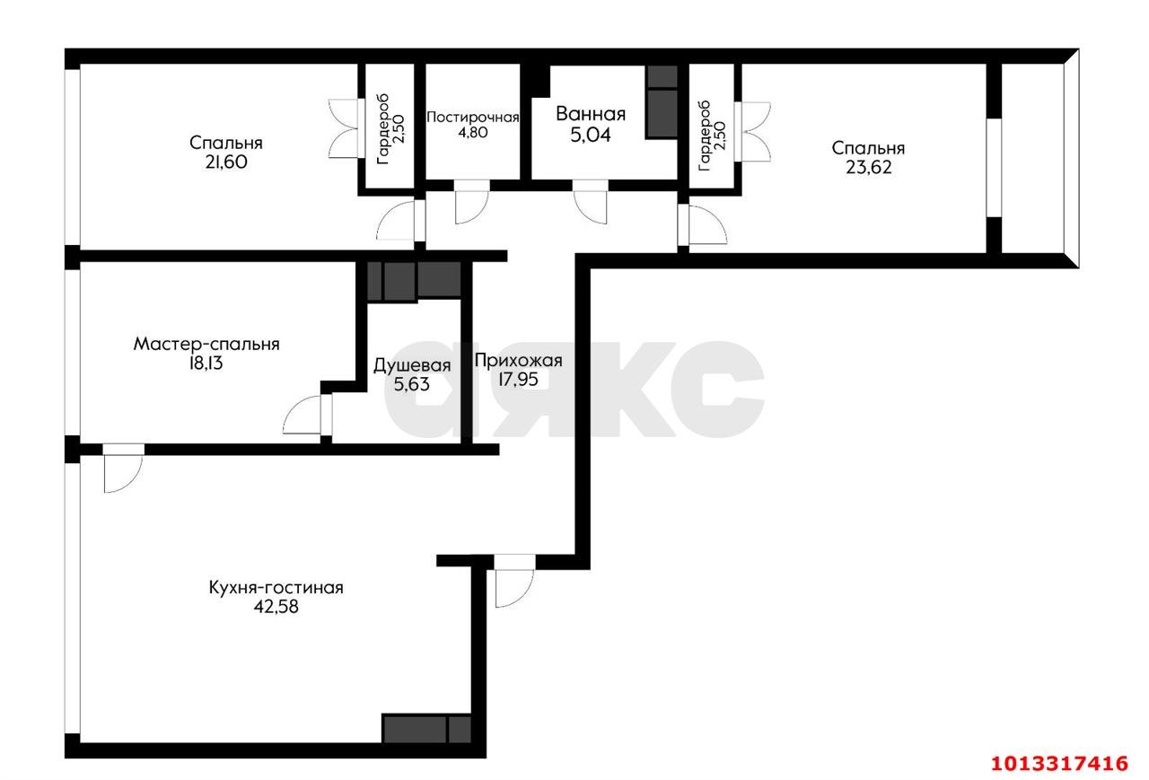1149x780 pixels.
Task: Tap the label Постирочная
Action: pos(472,118)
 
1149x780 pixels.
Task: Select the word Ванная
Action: pos(590,115)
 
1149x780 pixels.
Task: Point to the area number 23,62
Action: pos(868,167)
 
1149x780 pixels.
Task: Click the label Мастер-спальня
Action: pos(206,344)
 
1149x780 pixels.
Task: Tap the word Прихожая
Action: pos(518,362)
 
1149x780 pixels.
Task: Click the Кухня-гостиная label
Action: pos(276,588)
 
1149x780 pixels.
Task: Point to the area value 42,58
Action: pos(276,607)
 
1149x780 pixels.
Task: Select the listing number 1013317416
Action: pos(1058,763)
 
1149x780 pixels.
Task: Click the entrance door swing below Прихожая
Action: pos(511,584)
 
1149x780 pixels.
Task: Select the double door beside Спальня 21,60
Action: pos(345,127)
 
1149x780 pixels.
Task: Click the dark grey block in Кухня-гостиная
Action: pos(426,728)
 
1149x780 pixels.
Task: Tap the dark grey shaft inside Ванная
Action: pos(662,103)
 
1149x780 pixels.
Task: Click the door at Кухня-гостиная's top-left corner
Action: pos(122,469)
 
